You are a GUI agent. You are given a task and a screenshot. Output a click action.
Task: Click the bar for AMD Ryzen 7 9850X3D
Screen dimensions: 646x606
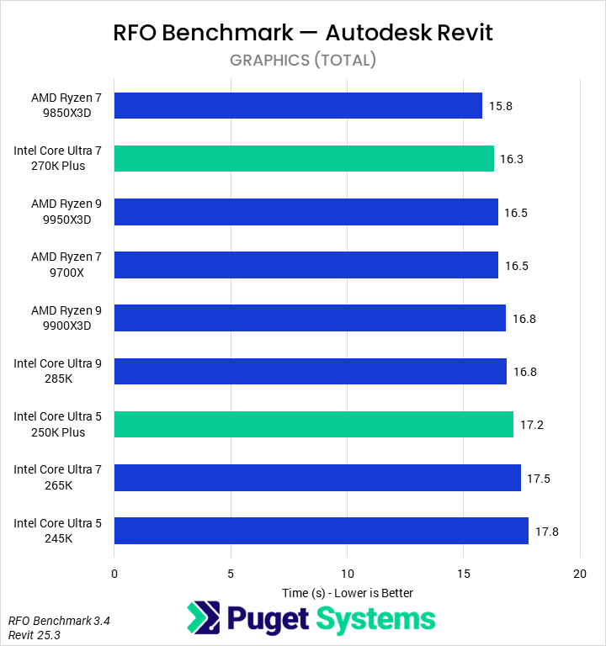(x=298, y=106)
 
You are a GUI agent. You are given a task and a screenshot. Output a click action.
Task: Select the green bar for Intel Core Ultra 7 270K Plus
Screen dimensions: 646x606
(x=304, y=159)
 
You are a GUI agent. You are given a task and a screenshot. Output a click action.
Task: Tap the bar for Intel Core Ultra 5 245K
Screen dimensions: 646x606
(x=321, y=531)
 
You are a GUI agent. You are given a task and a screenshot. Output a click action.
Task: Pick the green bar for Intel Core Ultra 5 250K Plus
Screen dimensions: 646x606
(x=314, y=425)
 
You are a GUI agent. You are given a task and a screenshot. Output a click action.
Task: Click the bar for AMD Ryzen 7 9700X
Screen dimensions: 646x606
(x=306, y=265)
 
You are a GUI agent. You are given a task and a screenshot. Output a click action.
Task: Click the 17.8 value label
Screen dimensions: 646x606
(x=546, y=531)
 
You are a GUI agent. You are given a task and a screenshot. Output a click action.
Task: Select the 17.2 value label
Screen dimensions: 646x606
(x=531, y=425)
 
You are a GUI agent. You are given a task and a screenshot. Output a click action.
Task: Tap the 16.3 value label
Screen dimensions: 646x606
(x=512, y=159)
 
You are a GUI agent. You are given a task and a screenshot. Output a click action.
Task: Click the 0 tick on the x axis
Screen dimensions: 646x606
(x=114, y=574)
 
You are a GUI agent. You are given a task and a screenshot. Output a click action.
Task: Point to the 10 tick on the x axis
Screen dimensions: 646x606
(x=347, y=574)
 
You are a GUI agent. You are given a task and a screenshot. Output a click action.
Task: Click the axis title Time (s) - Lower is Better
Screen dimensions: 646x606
(x=347, y=592)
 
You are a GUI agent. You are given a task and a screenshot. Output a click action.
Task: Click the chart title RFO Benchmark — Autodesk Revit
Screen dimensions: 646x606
(x=303, y=33)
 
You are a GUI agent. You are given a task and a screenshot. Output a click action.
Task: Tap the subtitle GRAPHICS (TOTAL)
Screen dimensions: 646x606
(x=303, y=60)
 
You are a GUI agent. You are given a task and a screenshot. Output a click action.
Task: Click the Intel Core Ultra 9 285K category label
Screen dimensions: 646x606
(x=57, y=371)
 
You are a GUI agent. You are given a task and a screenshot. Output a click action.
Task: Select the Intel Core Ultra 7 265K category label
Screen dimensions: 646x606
(x=57, y=477)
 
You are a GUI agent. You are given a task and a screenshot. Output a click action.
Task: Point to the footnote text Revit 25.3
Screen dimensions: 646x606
(x=35, y=635)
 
